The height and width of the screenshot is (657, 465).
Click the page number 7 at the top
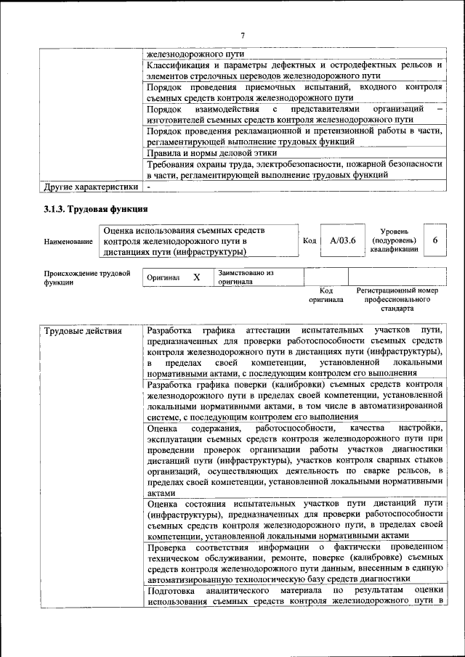(243, 35)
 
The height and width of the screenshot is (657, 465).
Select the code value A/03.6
(342, 241)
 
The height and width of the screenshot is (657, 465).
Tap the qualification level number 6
(434, 240)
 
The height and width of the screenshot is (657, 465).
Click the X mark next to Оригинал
(196, 277)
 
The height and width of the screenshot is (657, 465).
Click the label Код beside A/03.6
(308, 241)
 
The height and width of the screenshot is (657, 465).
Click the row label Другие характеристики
(90, 187)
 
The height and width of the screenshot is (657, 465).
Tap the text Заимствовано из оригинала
(246, 277)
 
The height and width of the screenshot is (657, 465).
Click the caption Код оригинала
(325, 295)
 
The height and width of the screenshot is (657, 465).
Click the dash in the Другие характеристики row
(148, 187)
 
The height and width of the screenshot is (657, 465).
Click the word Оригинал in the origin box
(163, 278)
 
